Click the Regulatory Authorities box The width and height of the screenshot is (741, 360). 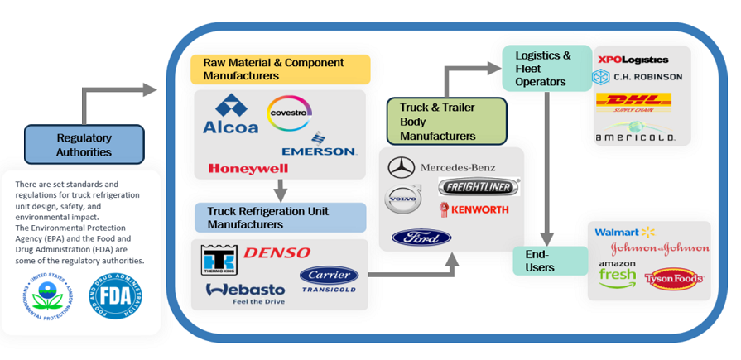tap(84, 145)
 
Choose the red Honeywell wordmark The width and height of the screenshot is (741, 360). tap(248, 168)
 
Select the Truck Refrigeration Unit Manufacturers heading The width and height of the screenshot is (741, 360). tap(281, 218)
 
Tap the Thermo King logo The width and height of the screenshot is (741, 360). tap(219, 259)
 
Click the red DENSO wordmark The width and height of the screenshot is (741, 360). tap(277, 252)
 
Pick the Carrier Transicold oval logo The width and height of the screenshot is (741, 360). tap(329, 279)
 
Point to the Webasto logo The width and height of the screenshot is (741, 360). tap(245, 291)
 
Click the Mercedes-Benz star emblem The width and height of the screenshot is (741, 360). tap(402, 167)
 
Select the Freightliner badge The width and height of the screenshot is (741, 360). tap(479, 187)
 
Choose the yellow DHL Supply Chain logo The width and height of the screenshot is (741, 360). tap(633, 103)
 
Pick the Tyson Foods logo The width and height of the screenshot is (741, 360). tap(674, 279)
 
